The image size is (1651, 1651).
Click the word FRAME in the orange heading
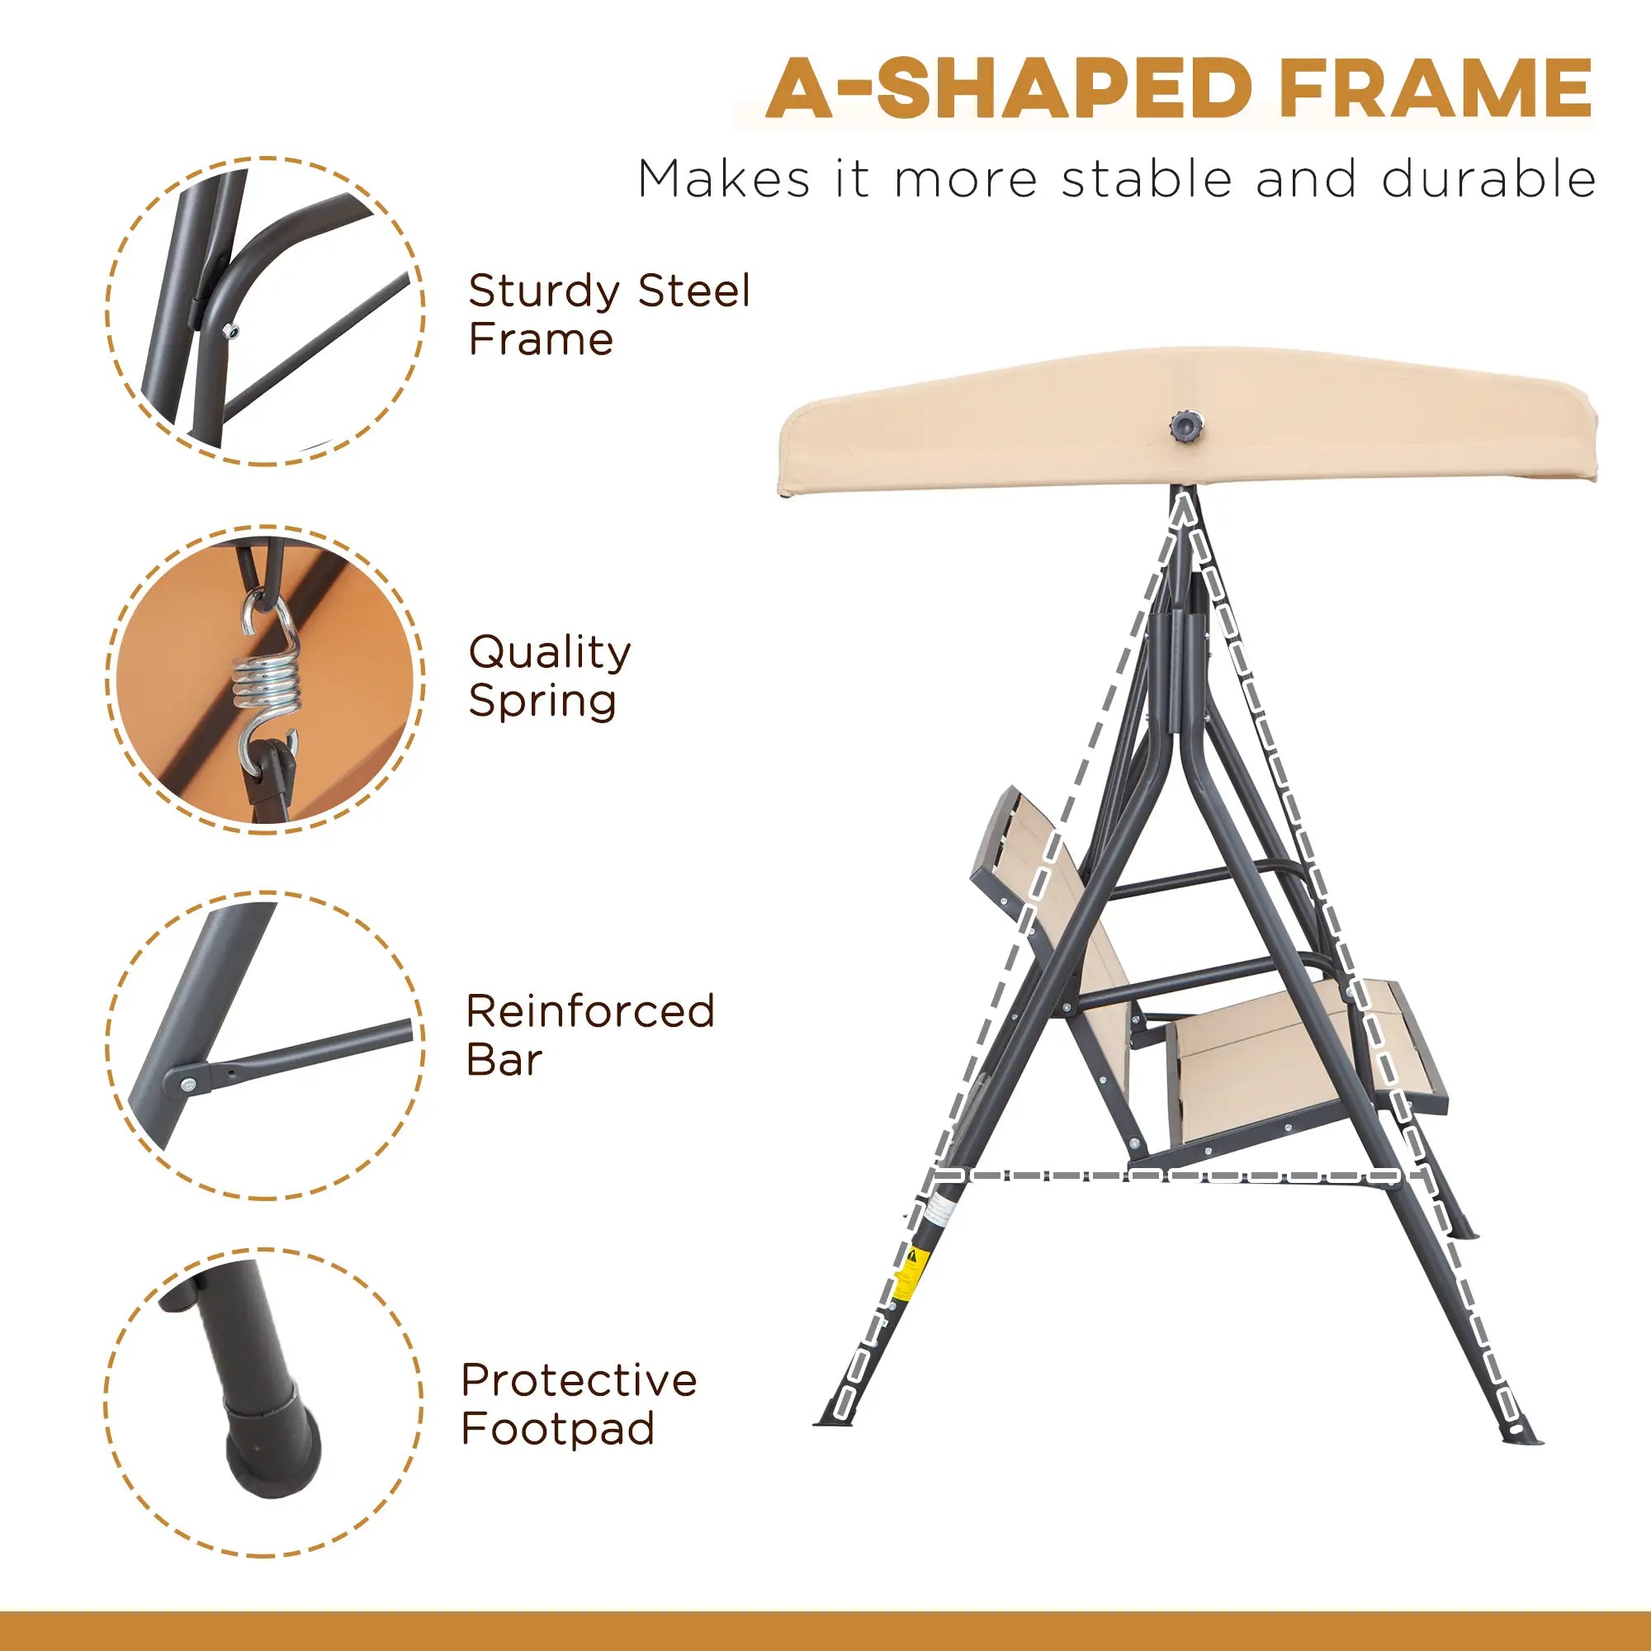click(1435, 88)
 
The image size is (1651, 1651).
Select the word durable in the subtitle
click(1488, 179)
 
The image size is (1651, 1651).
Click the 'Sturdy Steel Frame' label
click(608, 315)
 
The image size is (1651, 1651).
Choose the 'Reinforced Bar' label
click(589, 1035)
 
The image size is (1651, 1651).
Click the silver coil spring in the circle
click(265, 684)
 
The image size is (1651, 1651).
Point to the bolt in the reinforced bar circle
click(189, 1085)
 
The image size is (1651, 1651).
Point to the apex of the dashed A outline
click(1183, 506)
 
